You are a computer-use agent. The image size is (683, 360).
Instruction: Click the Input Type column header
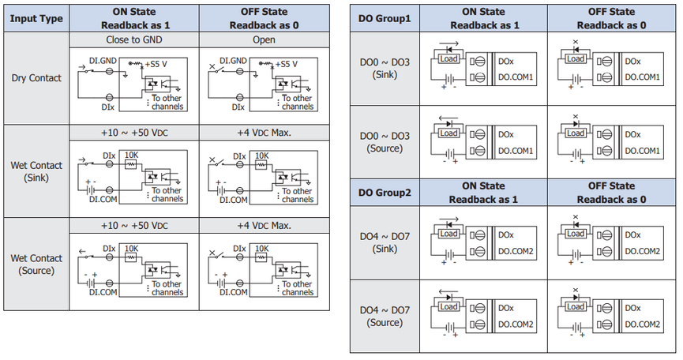pyautogui.click(x=36, y=18)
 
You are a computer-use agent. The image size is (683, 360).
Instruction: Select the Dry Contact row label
pyautogui.click(x=36, y=78)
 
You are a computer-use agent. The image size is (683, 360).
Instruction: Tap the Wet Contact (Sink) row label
pyautogui.click(x=36, y=171)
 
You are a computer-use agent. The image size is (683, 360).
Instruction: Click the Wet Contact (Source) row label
pyautogui.click(x=36, y=264)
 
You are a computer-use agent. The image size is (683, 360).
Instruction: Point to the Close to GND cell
pyautogui.click(x=134, y=39)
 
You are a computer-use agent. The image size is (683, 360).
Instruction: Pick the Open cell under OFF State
pyautogui.click(x=264, y=39)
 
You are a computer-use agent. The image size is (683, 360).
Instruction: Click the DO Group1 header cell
pyautogui.click(x=385, y=18)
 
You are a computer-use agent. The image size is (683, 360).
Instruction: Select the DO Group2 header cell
pyautogui.click(x=385, y=193)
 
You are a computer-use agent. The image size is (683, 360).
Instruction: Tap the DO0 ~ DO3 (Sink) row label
pyautogui.click(x=385, y=69)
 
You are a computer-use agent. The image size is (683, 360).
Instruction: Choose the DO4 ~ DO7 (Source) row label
pyautogui.click(x=385, y=316)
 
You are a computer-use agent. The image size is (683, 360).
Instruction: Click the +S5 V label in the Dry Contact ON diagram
pyautogui.click(x=156, y=65)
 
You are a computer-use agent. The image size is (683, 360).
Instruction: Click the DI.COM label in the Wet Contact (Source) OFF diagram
pyautogui.click(x=234, y=292)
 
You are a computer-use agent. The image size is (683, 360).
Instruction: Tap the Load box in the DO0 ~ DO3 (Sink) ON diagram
pyautogui.click(x=448, y=58)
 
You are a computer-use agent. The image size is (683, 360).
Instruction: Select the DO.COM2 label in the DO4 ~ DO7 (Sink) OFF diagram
pyautogui.click(x=643, y=251)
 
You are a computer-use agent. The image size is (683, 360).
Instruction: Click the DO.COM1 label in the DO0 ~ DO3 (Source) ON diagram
pyautogui.click(x=516, y=151)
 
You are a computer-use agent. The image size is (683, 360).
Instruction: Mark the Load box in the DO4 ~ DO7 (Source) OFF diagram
pyautogui.click(x=576, y=307)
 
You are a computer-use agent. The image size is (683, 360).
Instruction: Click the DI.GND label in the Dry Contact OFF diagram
pyautogui.click(x=233, y=61)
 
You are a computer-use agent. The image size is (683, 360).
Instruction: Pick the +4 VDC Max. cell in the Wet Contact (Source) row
pyautogui.click(x=264, y=226)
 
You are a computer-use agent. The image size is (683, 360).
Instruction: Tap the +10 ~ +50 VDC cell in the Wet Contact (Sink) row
pyautogui.click(x=134, y=133)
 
